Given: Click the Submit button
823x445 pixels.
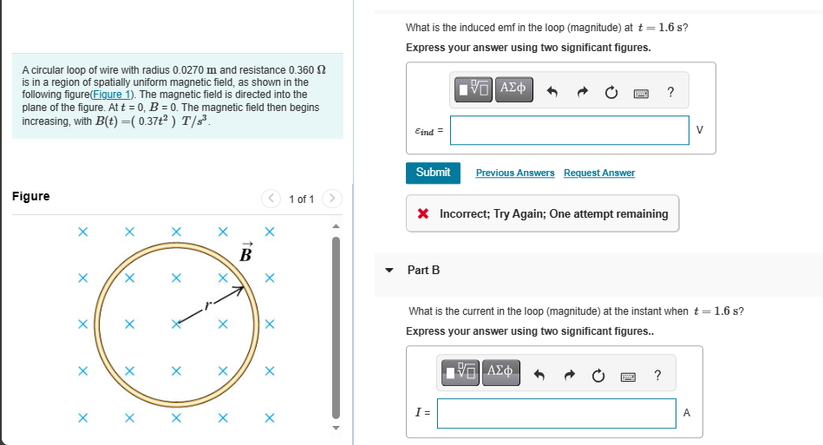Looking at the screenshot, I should click(433, 173).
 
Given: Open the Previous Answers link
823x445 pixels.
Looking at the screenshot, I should click(515, 173).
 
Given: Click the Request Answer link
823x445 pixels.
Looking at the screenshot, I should click(598, 173).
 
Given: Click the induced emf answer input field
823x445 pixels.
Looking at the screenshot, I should click(569, 131).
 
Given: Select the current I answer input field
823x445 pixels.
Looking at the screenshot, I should click(556, 414).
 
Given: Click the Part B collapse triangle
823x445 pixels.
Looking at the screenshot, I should click(389, 270).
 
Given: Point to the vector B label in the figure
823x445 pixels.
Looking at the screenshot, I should click(245, 253).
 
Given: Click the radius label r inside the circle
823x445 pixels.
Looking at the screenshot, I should click(206, 304).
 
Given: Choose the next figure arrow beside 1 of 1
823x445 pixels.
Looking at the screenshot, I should click(331, 199).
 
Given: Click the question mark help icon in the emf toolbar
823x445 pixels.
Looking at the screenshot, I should click(670, 91).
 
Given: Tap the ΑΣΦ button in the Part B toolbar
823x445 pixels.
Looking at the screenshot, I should click(500, 373).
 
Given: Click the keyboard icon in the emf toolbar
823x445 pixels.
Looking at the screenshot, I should click(641, 92).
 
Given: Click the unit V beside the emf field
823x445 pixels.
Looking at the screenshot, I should click(701, 131).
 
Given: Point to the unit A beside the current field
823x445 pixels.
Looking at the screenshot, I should click(687, 414).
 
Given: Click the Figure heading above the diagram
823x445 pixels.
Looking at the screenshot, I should click(31, 197).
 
